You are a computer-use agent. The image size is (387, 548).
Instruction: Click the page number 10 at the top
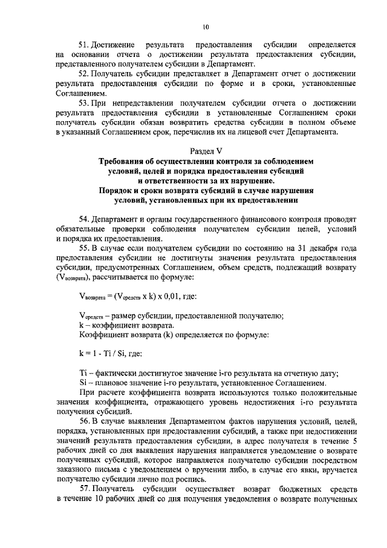tap(206, 27)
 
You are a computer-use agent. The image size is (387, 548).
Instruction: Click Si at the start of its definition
tap(83, 383)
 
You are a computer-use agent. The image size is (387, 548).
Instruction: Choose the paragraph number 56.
tap(84, 420)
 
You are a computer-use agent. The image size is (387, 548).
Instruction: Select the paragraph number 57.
tap(84, 488)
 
